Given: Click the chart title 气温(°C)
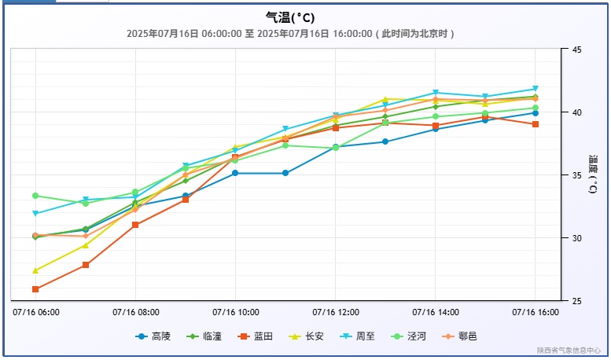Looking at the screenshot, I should tap(290, 17).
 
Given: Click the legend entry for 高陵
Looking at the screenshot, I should tap(153, 336).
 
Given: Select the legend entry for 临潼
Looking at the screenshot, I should tap(204, 336).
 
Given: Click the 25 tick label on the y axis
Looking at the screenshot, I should tap(576, 301).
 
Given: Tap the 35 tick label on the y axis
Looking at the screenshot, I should tap(576, 175).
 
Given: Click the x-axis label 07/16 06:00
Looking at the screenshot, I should tap(36, 312).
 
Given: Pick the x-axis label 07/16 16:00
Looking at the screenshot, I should tap(536, 312).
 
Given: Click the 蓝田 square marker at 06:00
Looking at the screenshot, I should tap(35, 289).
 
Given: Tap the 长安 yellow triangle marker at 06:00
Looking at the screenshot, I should tap(35, 270).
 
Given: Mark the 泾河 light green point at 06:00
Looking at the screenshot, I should tap(35, 196).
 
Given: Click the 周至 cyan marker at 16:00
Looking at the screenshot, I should tap(536, 89).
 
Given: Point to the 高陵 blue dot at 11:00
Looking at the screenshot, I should tap(285, 173).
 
